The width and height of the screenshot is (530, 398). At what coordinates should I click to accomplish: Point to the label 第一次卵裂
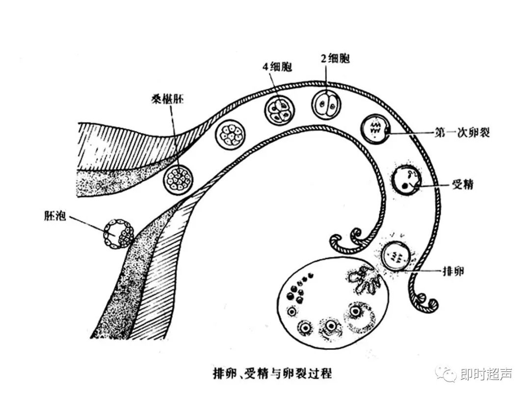462,133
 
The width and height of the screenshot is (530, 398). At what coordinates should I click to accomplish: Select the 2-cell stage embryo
326,104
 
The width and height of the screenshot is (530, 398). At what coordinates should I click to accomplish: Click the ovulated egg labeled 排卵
397,256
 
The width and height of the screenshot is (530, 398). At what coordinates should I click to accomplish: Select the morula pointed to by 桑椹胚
178,179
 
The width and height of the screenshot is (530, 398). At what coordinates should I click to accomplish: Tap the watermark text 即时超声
487,374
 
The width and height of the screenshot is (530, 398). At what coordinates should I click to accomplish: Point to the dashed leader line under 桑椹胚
172,133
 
